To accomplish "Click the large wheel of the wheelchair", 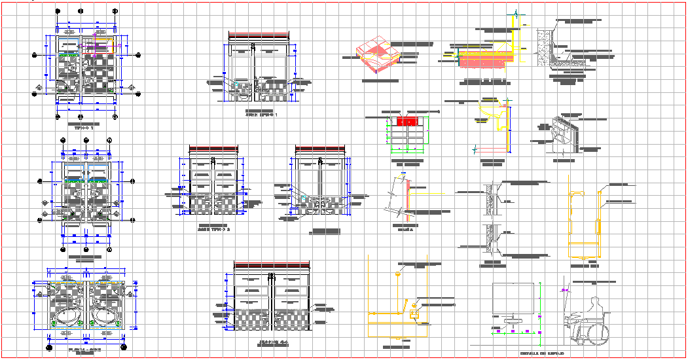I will click(598, 333).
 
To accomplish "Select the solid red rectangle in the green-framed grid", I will click(408, 121).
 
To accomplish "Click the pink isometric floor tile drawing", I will click(377, 56).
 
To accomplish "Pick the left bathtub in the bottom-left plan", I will click(66, 317).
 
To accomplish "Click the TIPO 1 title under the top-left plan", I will click(84, 128).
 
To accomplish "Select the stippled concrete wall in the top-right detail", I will click(543, 48).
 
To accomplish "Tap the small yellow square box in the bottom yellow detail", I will click(414, 315).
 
